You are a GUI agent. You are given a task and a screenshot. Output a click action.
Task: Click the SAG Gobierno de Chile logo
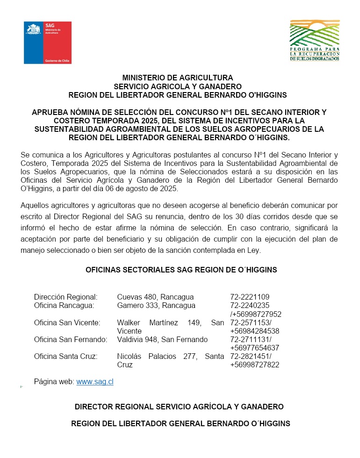[48, 43]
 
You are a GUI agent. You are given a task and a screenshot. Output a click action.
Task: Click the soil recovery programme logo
[315, 41]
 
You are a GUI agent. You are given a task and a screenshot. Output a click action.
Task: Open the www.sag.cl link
[95, 382]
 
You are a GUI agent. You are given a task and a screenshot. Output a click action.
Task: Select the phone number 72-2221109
[250, 297]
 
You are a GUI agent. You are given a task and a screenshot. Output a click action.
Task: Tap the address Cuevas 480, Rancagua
[155, 297]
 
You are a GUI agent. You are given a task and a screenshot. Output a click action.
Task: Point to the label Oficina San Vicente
[67, 323]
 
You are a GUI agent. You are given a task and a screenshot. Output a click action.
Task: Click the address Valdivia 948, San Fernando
[162, 340]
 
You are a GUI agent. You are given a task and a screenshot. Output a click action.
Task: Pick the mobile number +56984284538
[255, 331]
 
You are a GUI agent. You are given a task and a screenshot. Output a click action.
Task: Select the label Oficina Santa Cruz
[66, 357]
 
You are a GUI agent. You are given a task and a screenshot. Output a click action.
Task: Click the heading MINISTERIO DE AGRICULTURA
[178, 78]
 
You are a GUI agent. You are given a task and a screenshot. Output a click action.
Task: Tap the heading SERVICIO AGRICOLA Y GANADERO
[178, 86]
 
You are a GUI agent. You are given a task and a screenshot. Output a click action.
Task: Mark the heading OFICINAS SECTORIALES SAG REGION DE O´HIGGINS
[181, 270]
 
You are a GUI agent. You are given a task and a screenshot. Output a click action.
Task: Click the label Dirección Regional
[66, 297]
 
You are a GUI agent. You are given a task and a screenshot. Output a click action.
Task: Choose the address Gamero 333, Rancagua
[156, 306]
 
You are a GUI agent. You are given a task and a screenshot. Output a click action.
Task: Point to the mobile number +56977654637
[255, 348]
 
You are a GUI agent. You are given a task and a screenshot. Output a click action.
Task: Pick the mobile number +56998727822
[255, 365]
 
